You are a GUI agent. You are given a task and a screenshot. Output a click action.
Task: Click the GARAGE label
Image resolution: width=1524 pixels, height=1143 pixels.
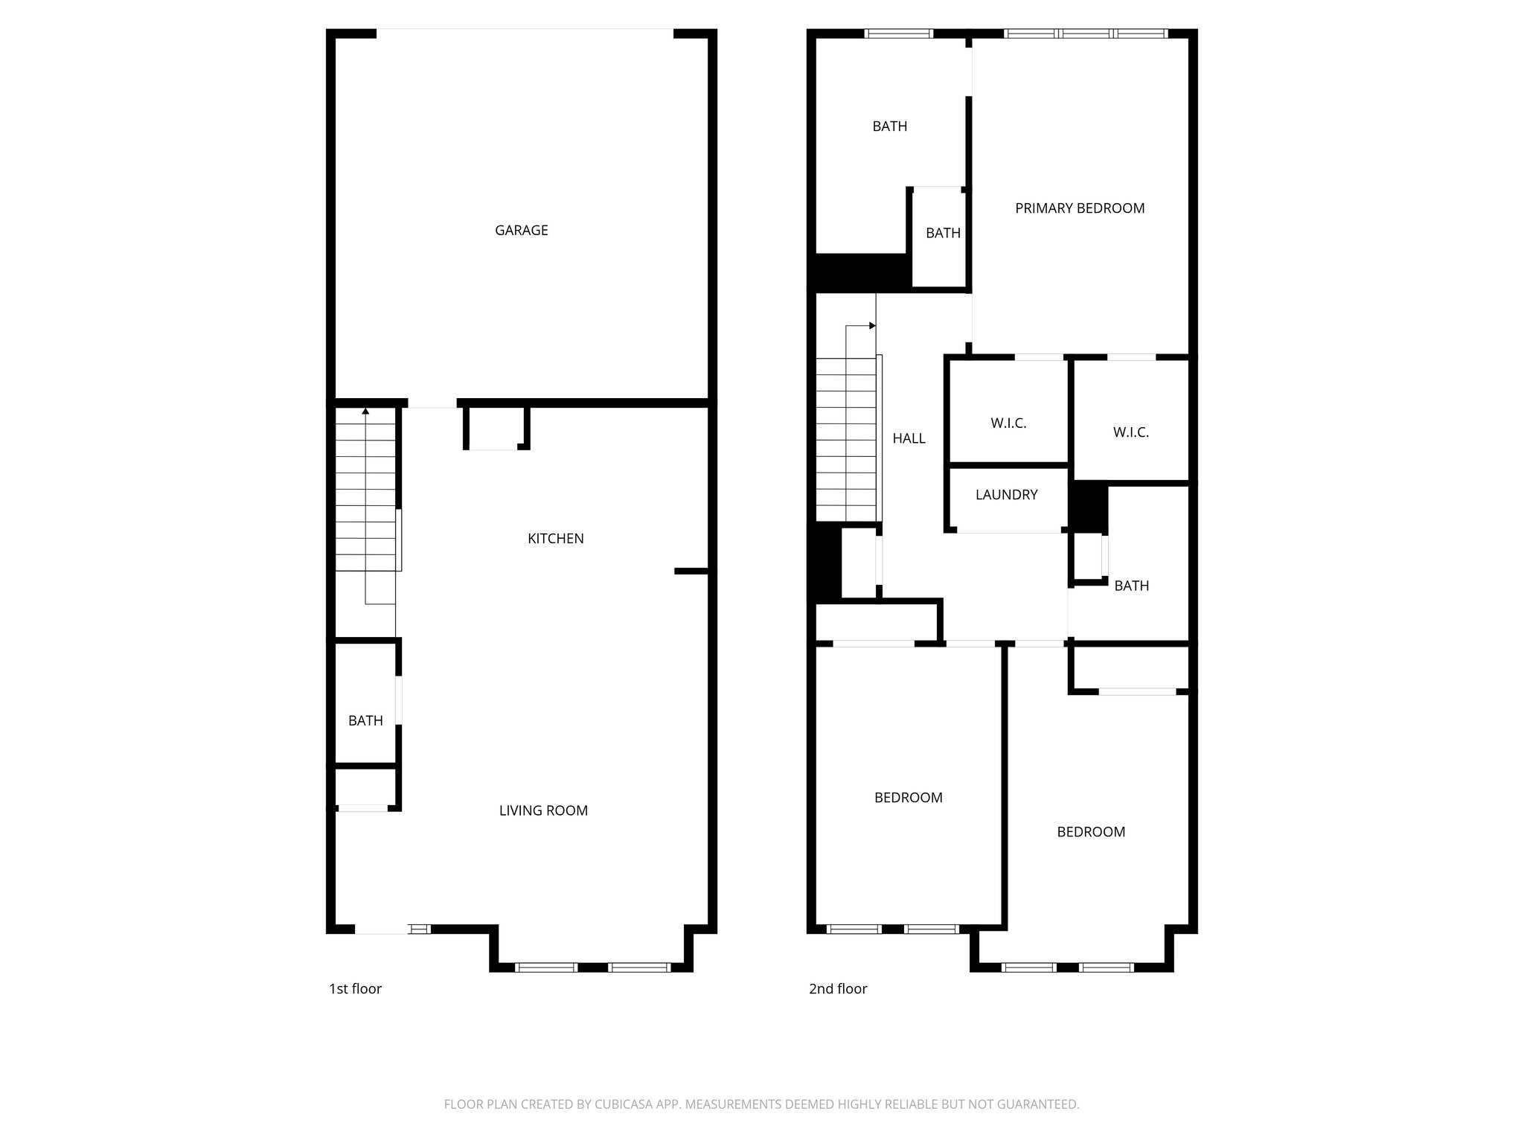tap(521, 231)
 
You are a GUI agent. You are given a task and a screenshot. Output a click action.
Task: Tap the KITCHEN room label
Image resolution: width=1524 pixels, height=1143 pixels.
tap(555, 539)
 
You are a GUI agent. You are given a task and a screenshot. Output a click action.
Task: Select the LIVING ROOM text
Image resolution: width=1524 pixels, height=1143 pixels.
tap(543, 811)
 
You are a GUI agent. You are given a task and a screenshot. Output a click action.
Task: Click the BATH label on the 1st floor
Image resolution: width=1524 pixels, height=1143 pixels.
tap(365, 720)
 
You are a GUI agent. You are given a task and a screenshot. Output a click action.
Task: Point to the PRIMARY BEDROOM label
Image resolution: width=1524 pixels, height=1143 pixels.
tap(1080, 208)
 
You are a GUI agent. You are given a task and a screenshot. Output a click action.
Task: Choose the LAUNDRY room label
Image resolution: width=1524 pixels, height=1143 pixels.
tap(1006, 495)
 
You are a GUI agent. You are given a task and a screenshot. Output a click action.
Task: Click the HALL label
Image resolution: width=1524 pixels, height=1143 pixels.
tap(909, 439)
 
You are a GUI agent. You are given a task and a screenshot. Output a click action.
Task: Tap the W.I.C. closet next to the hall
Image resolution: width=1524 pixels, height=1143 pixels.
tap(1008, 423)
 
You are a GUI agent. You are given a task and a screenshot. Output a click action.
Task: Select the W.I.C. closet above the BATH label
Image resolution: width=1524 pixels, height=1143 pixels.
tap(1130, 432)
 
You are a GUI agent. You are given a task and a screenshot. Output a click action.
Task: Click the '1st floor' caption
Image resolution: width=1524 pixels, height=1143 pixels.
tap(355, 989)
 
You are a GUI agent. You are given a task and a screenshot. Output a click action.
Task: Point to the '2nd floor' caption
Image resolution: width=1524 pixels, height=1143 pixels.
tap(838, 989)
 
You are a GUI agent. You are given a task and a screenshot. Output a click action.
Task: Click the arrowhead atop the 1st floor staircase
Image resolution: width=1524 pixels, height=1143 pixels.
tap(365, 411)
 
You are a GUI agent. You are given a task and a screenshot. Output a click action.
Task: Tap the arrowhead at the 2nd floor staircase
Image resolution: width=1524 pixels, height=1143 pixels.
tap(872, 326)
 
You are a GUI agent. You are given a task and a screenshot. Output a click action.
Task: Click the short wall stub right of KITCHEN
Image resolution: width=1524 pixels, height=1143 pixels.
tap(691, 571)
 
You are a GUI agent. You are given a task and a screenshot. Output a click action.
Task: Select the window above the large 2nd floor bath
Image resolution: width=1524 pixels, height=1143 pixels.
tap(899, 33)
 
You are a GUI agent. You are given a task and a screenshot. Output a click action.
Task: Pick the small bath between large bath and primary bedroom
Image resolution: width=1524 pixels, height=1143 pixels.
tap(943, 234)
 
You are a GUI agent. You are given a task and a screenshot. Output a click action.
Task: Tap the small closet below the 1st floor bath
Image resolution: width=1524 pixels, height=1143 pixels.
tap(365, 787)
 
